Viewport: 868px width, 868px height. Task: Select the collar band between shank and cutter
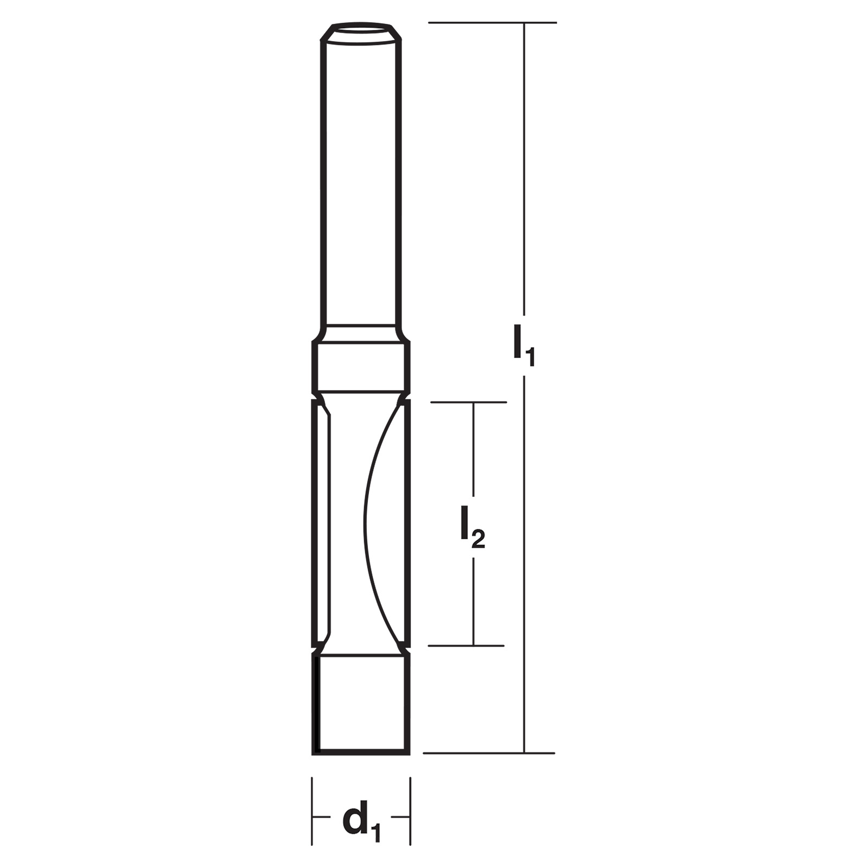(x=361, y=366)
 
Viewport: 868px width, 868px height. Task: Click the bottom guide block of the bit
(x=361, y=705)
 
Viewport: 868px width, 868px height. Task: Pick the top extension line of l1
(x=493, y=23)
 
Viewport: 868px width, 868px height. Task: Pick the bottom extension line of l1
(x=489, y=753)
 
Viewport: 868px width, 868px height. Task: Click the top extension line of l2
(x=468, y=402)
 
